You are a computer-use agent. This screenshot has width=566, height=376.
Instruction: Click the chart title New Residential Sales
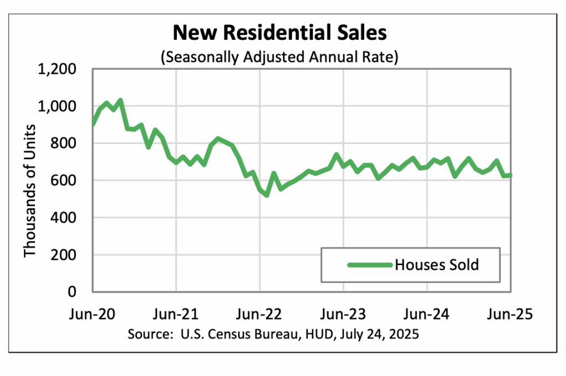[280, 33]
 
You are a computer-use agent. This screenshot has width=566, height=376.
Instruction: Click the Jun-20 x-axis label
[92, 314]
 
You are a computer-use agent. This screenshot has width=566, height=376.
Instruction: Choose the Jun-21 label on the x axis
[176, 314]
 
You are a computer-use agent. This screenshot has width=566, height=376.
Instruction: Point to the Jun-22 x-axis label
[259, 314]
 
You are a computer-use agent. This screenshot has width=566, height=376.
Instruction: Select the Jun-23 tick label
[343, 314]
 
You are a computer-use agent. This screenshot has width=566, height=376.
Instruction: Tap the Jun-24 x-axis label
[427, 314]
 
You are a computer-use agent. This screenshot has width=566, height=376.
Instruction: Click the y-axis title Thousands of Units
[30, 190]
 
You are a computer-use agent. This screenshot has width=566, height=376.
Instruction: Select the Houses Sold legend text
[437, 265]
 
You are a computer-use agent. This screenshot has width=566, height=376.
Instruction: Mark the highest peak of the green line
[120, 100]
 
